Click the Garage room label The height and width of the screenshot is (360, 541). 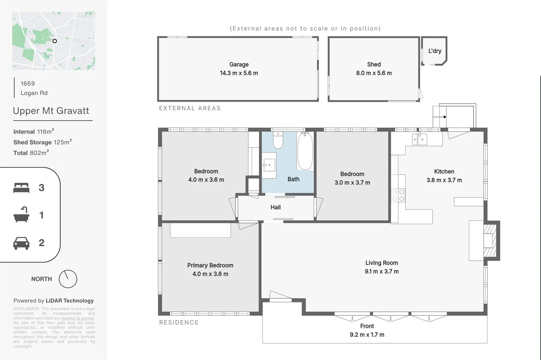(x=239, y=64)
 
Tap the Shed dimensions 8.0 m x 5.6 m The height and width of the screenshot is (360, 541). (x=374, y=73)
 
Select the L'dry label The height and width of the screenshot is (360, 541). (x=435, y=51)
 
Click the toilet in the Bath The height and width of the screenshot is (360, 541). (x=278, y=140)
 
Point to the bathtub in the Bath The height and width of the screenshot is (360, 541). (x=305, y=151)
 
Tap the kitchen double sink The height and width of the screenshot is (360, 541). (x=419, y=139)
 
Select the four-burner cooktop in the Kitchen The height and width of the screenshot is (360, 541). (x=398, y=195)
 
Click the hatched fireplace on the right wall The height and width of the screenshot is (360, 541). (x=490, y=240)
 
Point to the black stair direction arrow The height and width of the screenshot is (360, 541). (x=445, y=117)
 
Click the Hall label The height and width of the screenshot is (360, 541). (x=276, y=207)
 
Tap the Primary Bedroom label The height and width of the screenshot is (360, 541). (x=210, y=265)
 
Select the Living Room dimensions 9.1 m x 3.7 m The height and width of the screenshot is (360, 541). (x=382, y=271)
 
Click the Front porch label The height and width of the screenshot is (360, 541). (x=367, y=326)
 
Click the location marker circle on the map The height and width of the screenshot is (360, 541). (x=55, y=41)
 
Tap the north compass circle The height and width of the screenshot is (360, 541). (x=68, y=279)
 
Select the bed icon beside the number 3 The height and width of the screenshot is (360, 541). (x=21, y=188)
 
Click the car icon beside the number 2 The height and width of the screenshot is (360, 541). (x=21, y=243)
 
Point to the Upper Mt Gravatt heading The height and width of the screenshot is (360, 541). (x=51, y=111)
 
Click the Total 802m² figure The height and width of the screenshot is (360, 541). (x=31, y=153)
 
